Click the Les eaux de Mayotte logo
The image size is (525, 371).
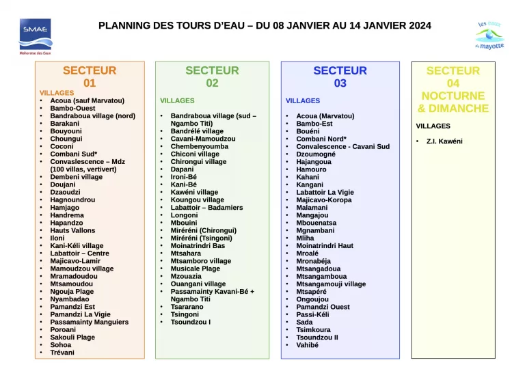(489, 36)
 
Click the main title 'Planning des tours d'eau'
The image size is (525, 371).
(265, 25)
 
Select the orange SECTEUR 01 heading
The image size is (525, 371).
(90, 77)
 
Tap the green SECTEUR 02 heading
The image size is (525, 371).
(212, 77)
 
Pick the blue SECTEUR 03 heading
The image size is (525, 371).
(340, 77)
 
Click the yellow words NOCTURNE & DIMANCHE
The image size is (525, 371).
(453, 102)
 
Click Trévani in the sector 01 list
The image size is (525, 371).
(62, 353)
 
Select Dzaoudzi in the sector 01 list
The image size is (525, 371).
(65, 192)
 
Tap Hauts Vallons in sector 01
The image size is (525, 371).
(72, 230)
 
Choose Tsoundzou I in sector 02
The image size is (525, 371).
(190, 322)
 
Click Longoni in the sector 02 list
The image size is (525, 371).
(184, 215)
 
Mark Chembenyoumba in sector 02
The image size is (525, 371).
(199, 146)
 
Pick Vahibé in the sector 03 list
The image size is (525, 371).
(307, 345)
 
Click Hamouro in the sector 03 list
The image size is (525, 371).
(311, 169)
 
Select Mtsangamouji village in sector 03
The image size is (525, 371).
(331, 284)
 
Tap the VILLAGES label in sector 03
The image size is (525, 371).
(302, 100)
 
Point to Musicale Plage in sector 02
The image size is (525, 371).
(195, 269)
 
